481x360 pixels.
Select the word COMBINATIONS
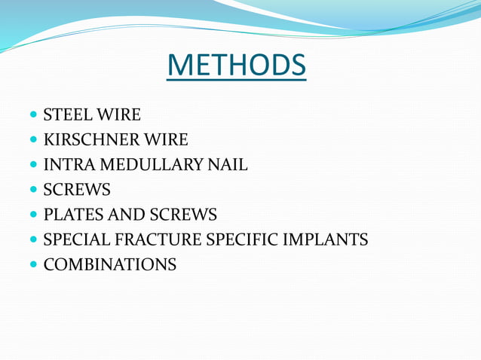110,265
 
